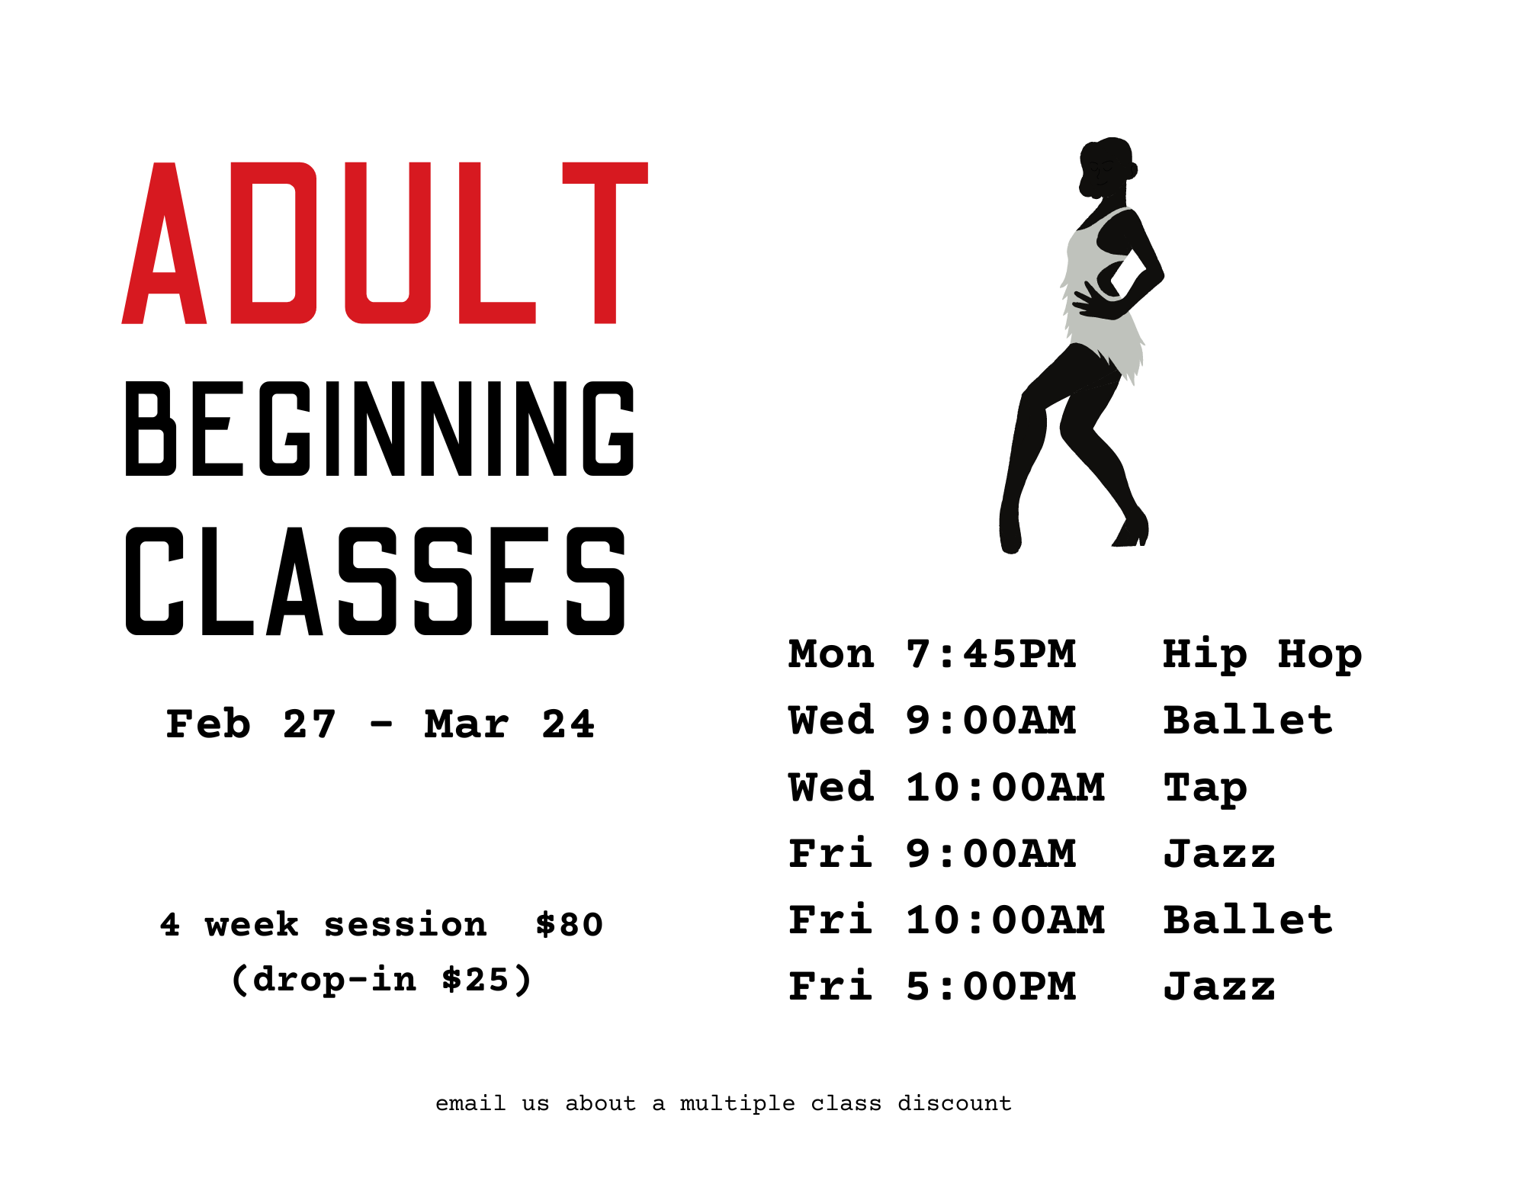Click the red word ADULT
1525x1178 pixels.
pos(385,243)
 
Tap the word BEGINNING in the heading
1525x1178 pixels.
pos(380,429)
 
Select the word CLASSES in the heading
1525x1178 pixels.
pos(375,581)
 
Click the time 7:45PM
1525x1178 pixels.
pos(990,654)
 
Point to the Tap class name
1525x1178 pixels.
pos(1205,788)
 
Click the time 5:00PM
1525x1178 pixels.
pos(990,986)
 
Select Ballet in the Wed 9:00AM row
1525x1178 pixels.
pos(1247,721)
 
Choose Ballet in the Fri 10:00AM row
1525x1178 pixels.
pos(1247,920)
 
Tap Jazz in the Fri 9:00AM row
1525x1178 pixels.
pos(1218,853)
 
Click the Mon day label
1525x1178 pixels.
pos(831,654)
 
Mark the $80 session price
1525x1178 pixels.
pos(569,925)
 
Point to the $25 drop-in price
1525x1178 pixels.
pos(475,980)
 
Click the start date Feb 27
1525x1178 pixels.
pos(251,724)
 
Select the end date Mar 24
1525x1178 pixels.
pos(509,724)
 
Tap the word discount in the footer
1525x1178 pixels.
pos(954,1103)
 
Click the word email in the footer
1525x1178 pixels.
pos(470,1103)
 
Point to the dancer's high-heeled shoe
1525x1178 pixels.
pos(1132,528)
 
